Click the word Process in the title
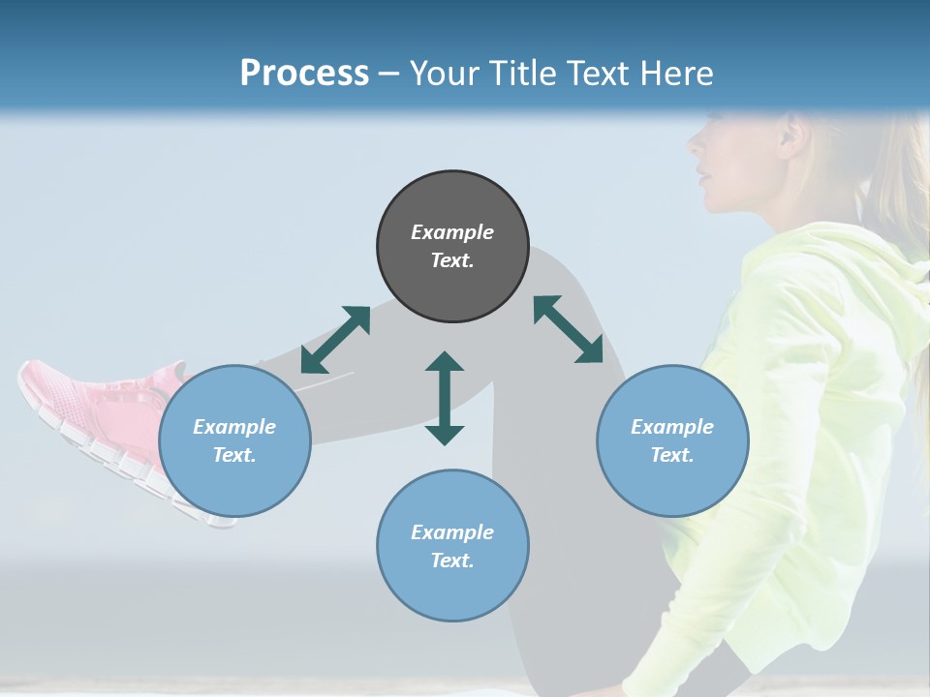[304, 74]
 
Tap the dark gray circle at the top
[452, 246]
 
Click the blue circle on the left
[234, 440]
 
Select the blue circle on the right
[672, 440]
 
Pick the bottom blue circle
[452, 546]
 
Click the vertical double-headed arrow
[445, 398]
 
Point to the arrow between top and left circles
[335, 340]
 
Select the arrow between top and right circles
[568, 329]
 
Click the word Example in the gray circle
[452, 232]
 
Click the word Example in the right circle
[672, 427]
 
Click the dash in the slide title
[388, 74]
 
